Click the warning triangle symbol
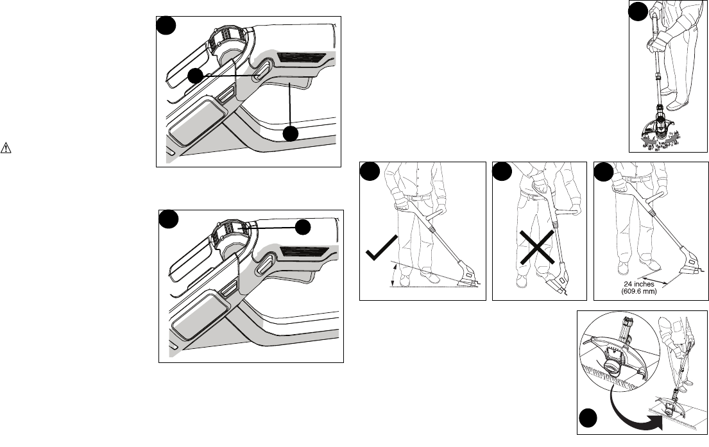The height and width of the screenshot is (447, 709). [x=6, y=148]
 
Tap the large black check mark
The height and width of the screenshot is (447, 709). [x=381, y=248]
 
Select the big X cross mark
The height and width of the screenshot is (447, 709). [x=537, y=247]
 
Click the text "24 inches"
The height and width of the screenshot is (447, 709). [x=638, y=284]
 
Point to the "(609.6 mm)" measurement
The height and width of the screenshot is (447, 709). [x=639, y=292]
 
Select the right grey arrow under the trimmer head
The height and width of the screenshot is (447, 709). [x=672, y=137]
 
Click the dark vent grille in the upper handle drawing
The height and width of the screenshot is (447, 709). [x=301, y=58]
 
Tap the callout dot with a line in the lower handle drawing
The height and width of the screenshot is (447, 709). [x=302, y=227]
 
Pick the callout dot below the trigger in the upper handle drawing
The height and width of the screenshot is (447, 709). [x=290, y=134]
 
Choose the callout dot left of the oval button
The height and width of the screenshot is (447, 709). [x=195, y=76]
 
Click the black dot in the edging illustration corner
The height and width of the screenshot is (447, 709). [x=588, y=418]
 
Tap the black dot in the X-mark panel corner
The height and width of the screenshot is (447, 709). [x=502, y=172]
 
